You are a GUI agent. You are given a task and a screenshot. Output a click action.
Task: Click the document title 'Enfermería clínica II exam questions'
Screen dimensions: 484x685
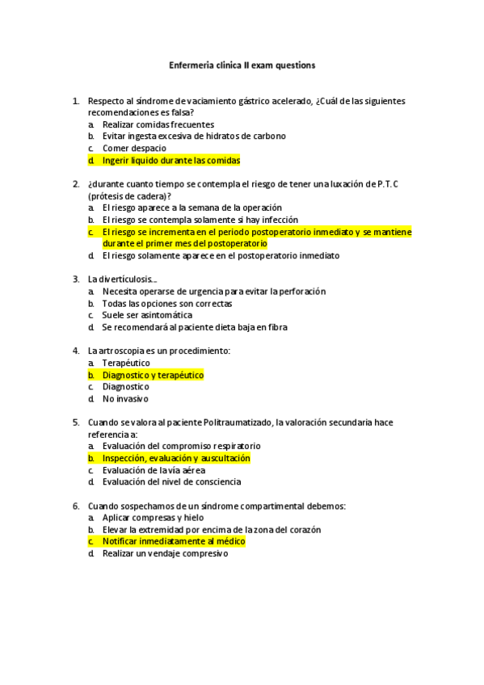(242, 64)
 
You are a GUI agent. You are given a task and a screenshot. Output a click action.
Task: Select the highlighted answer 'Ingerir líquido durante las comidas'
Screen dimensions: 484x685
(171, 161)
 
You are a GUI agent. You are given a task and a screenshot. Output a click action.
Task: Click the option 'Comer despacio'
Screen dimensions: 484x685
(134, 149)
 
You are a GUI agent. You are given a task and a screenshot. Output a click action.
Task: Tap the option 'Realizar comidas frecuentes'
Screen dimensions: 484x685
(158, 125)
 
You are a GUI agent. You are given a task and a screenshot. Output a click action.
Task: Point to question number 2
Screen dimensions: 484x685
(75, 184)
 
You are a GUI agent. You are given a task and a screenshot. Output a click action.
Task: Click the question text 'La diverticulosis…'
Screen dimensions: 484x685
(123, 279)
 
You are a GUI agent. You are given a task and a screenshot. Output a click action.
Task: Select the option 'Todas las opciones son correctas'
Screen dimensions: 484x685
(167, 304)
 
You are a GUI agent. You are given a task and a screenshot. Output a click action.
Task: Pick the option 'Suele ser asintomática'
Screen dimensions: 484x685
(147, 316)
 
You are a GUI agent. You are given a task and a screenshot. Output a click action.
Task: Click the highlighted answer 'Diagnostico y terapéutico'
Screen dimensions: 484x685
(153, 375)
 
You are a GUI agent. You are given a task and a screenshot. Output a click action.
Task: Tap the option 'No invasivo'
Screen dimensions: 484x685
(125, 399)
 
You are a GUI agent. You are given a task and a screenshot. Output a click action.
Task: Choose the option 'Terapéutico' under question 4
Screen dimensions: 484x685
(126, 364)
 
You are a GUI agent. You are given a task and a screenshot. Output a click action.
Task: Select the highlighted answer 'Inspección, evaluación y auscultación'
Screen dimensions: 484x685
(176, 458)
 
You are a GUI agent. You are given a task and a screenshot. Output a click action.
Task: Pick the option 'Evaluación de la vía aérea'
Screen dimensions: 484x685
(154, 470)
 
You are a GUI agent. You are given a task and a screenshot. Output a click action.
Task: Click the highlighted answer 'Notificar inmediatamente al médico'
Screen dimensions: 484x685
(174, 541)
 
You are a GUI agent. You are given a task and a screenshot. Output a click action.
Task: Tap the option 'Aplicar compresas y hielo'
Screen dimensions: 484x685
(153, 518)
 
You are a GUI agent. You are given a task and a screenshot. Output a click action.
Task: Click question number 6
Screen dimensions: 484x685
(75, 506)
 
